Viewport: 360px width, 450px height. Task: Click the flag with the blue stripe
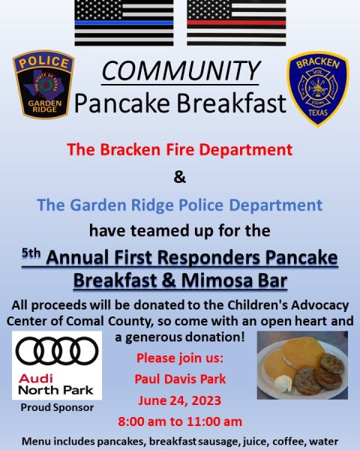tap(124, 22)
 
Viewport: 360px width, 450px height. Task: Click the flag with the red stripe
tap(236, 22)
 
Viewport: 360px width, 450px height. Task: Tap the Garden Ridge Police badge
tap(43, 84)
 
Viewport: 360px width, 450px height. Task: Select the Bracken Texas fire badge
tap(318, 88)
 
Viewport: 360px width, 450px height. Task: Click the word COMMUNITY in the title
tap(181, 71)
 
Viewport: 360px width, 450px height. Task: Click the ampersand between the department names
tap(180, 177)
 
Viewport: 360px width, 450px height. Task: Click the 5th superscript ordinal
tap(31, 253)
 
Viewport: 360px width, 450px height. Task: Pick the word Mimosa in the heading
tap(217, 280)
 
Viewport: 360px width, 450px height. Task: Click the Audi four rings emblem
tap(57, 351)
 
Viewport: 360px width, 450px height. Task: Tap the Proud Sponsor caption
tap(57, 407)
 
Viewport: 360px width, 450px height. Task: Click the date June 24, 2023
tap(180, 400)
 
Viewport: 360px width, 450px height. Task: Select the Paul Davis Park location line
tap(180, 379)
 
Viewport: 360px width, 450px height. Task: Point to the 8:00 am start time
tap(142, 421)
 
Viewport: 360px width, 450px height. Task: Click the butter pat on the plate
tap(283, 383)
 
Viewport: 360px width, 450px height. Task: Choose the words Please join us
tap(180, 358)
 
